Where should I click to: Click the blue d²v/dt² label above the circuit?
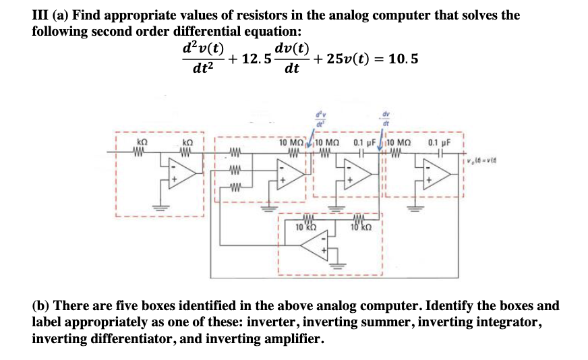click(318, 119)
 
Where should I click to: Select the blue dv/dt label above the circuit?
click(387, 119)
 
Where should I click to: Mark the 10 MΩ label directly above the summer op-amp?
click(293, 143)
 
